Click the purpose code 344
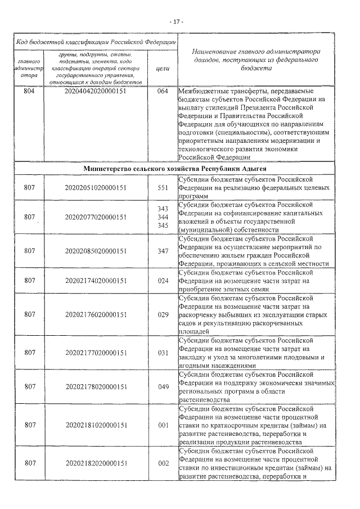click(163, 217)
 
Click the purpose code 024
click(163, 280)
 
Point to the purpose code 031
click(163, 353)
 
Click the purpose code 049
click(163, 386)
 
